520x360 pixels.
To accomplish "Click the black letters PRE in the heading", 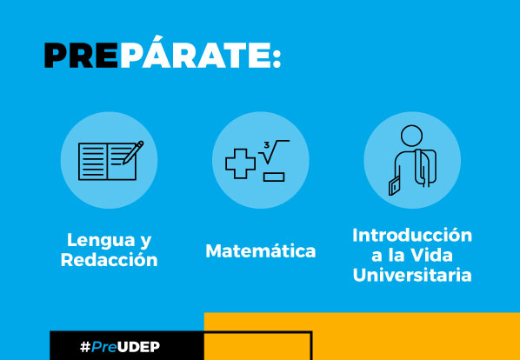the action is click(x=81, y=56).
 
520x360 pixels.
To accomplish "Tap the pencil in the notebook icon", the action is click(x=133, y=152).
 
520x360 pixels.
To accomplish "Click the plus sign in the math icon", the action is click(x=240, y=163).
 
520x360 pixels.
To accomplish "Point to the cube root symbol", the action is click(x=274, y=152).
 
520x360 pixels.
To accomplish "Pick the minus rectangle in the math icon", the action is click(x=274, y=177).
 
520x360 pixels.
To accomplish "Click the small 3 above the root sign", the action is click(x=267, y=145).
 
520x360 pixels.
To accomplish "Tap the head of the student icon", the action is click(x=411, y=136).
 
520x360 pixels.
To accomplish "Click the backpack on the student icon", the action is click(x=425, y=168).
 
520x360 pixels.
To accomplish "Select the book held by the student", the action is click(x=395, y=186).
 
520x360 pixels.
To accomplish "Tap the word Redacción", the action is click(x=109, y=260).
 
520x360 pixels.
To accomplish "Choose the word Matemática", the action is click(x=261, y=250).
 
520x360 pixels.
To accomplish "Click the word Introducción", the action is click(x=412, y=236).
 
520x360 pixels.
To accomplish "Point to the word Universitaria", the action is click(x=412, y=275).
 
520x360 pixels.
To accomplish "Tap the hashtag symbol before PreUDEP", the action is click(x=85, y=347).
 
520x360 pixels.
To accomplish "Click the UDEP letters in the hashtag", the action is click(x=138, y=347).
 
